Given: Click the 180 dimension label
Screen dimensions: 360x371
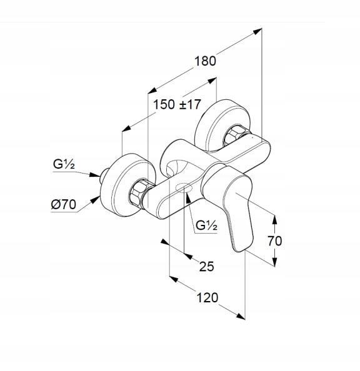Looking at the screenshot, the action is tap(205, 61).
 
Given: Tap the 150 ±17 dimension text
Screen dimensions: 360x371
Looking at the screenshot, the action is tap(177, 104).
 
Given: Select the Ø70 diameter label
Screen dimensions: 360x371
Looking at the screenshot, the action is tap(64, 204).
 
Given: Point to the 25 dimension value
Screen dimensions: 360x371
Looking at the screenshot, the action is tap(206, 267).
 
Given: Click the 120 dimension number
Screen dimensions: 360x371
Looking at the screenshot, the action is tap(207, 297).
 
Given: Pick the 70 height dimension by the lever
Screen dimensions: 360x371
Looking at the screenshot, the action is tap(275, 241).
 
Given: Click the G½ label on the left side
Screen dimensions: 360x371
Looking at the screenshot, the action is tap(64, 164).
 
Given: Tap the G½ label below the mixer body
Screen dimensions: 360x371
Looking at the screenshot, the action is tap(206, 225).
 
